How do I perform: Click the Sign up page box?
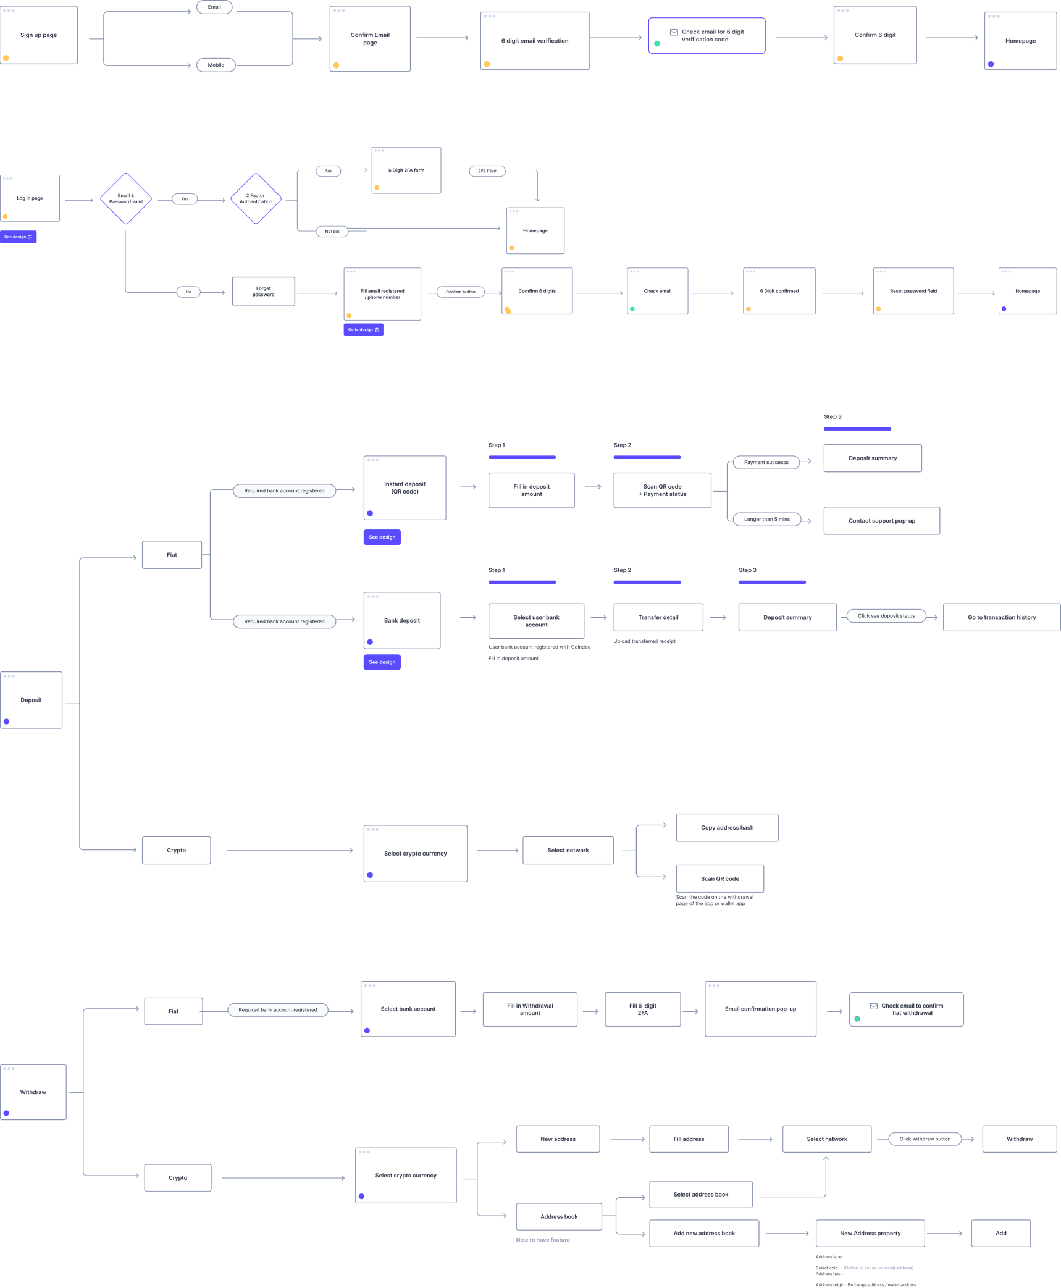39,35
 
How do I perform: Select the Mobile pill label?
216,65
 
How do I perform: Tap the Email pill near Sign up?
214,7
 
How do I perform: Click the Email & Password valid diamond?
126,199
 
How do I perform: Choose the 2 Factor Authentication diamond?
256,199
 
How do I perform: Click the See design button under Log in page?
19,237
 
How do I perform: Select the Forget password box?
264,292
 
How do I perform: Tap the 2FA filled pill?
487,171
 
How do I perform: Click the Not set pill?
332,232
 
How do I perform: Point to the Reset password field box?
913,292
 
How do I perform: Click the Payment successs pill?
766,462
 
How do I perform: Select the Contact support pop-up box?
881,521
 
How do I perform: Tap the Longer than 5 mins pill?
766,520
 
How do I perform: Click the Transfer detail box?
658,617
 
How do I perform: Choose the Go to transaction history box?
1001,617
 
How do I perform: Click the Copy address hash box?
727,828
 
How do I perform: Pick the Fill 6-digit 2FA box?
643,1009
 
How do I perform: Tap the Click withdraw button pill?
925,1139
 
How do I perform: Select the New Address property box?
870,1234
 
